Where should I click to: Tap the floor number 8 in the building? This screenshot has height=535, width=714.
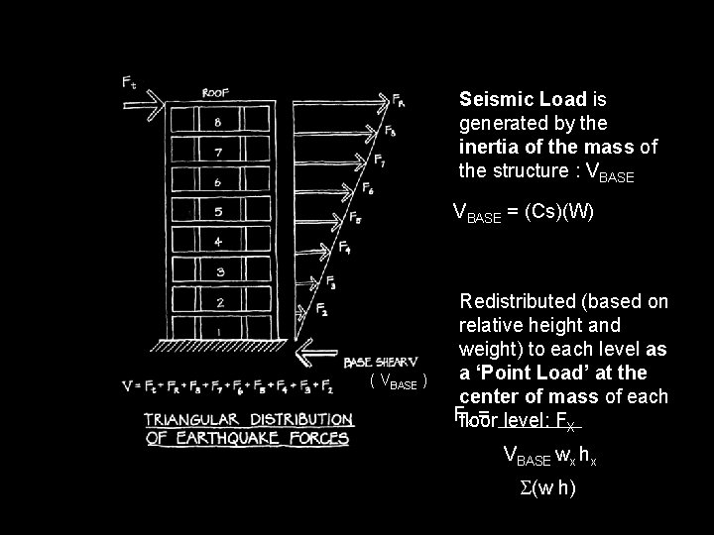click(216, 123)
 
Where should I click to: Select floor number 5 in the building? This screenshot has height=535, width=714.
click(216, 211)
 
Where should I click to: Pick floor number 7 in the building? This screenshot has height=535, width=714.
click(216, 153)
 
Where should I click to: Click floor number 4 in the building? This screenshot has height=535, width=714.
click(216, 241)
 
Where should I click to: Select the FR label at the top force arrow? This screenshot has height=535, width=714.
click(398, 100)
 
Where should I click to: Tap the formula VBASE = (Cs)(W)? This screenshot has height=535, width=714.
click(523, 211)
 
